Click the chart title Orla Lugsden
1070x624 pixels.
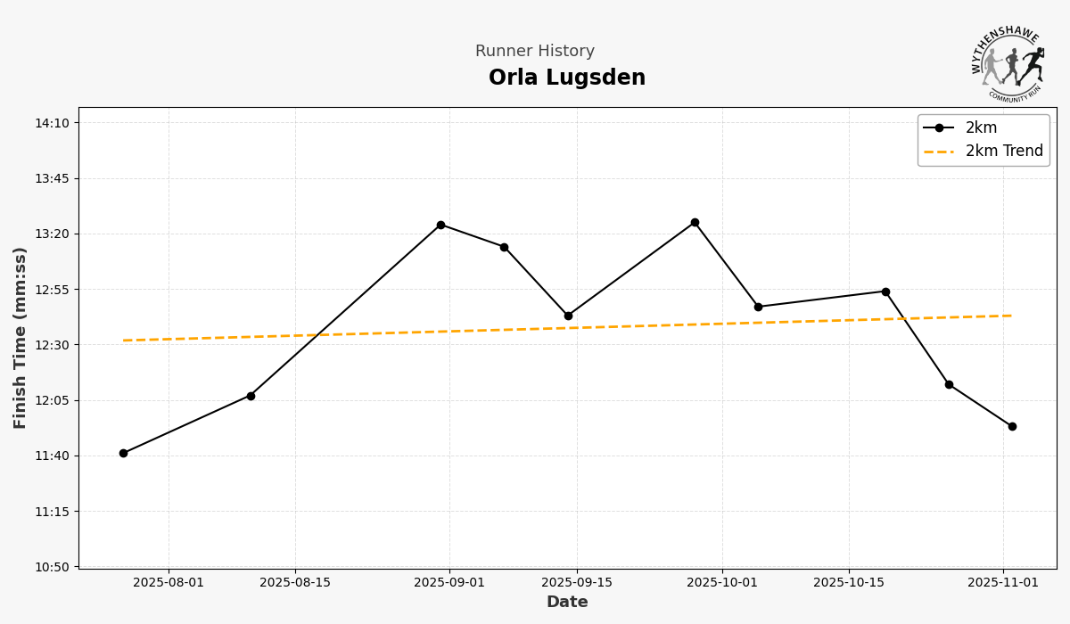point(566,78)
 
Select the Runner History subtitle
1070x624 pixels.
point(534,52)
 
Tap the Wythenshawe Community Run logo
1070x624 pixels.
point(1008,63)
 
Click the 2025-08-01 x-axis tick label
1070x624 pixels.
point(169,583)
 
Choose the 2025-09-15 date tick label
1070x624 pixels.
point(576,583)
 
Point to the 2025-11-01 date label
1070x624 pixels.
point(1003,583)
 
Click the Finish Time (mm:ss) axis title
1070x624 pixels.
point(21,338)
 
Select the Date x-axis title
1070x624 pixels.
point(567,603)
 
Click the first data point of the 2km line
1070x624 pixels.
point(123,453)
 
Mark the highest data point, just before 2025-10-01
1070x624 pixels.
point(695,222)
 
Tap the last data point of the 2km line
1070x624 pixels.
point(1012,426)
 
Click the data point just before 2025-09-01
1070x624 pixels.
point(440,225)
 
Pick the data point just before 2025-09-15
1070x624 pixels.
point(568,316)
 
